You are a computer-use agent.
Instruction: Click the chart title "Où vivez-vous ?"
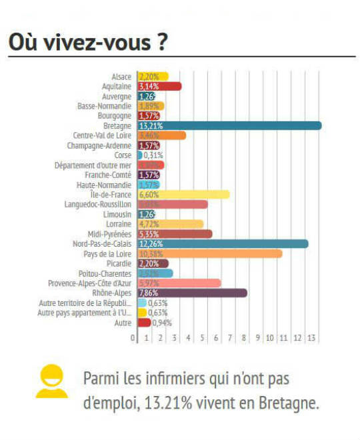(87, 41)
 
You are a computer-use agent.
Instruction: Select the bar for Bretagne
(229, 125)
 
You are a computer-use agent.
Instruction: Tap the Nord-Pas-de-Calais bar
(223, 243)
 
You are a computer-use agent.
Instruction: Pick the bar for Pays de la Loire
(209, 253)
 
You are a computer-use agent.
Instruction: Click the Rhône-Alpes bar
(192, 293)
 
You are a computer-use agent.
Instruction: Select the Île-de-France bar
(183, 194)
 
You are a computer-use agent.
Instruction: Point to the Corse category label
(123, 155)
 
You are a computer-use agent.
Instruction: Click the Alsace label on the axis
(121, 76)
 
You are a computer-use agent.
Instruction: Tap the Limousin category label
(118, 214)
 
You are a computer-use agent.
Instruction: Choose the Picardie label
(119, 263)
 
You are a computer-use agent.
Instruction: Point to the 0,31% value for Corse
(154, 155)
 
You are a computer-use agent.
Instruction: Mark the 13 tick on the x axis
(311, 338)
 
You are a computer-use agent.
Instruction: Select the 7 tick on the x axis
(229, 338)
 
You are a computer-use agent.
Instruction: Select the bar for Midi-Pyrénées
(175, 234)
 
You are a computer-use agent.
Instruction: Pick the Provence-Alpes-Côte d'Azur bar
(179, 283)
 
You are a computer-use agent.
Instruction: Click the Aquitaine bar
(159, 86)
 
